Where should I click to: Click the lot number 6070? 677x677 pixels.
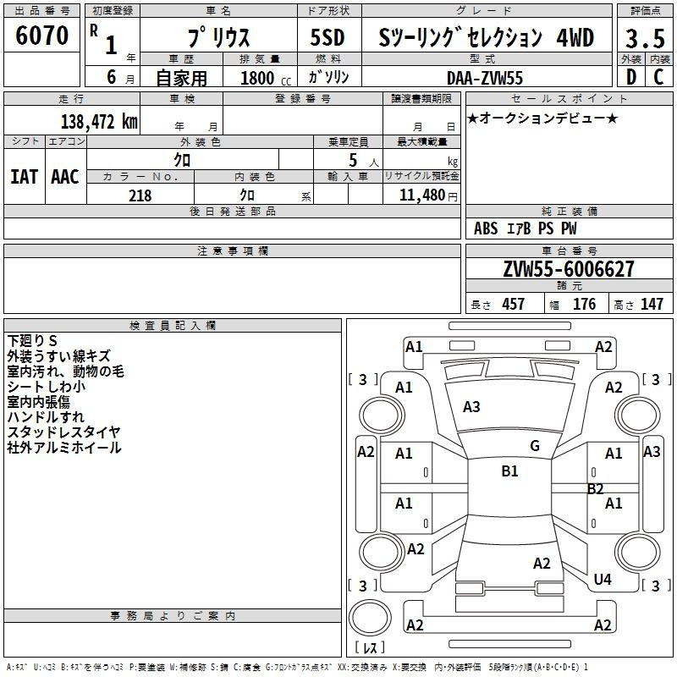click(x=41, y=36)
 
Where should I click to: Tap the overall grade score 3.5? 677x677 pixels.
click(x=645, y=38)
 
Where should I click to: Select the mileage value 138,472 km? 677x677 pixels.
click(x=99, y=122)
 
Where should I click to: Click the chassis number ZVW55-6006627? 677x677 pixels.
click(x=569, y=269)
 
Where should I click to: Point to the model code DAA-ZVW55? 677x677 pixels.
click(x=485, y=78)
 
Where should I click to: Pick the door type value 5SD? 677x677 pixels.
click(x=327, y=38)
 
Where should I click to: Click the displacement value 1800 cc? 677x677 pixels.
click(x=266, y=78)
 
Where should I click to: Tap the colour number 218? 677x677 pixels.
click(x=140, y=195)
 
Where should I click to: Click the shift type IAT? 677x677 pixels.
click(x=25, y=177)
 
